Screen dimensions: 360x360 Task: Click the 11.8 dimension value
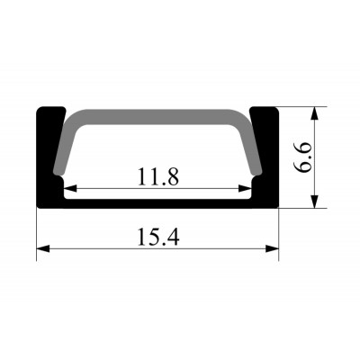coord(158,176)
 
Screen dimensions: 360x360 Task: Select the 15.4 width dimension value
coord(158,237)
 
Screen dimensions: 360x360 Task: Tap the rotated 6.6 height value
coord(302,157)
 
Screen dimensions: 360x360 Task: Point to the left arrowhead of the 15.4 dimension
coord(43,248)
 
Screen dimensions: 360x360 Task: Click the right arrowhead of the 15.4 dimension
coord(273,248)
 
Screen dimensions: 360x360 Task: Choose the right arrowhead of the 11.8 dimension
coord(245,188)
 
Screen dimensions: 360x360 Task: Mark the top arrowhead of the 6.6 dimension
coord(314,113)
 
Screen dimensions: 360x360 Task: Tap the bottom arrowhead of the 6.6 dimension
coord(314,202)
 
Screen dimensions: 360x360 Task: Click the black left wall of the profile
coord(48,156)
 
